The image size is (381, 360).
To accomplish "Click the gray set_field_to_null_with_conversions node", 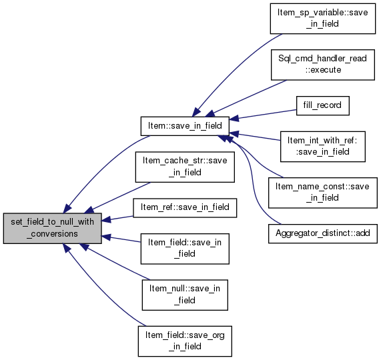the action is click(52, 229).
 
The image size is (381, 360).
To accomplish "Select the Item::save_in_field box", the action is click(185, 126).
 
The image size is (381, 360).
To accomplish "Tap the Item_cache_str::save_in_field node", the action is click(185, 167).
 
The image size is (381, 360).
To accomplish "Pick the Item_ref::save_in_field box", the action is click(185, 208).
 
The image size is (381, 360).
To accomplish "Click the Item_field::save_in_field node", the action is click(185, 249).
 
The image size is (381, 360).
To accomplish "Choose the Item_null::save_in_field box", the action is click(185, 295).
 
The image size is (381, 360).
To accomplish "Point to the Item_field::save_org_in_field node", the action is click(185, 341).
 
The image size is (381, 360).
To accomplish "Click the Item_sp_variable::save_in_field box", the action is click(323, 19).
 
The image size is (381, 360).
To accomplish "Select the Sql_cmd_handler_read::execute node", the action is click(323, 65).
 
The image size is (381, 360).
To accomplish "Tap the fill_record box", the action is click(323, 105).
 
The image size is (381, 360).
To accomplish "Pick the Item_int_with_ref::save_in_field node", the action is click(323, 147).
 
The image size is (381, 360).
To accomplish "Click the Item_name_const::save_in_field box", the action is click(323, 193).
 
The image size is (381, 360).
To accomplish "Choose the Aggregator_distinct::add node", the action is click(323, 234).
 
